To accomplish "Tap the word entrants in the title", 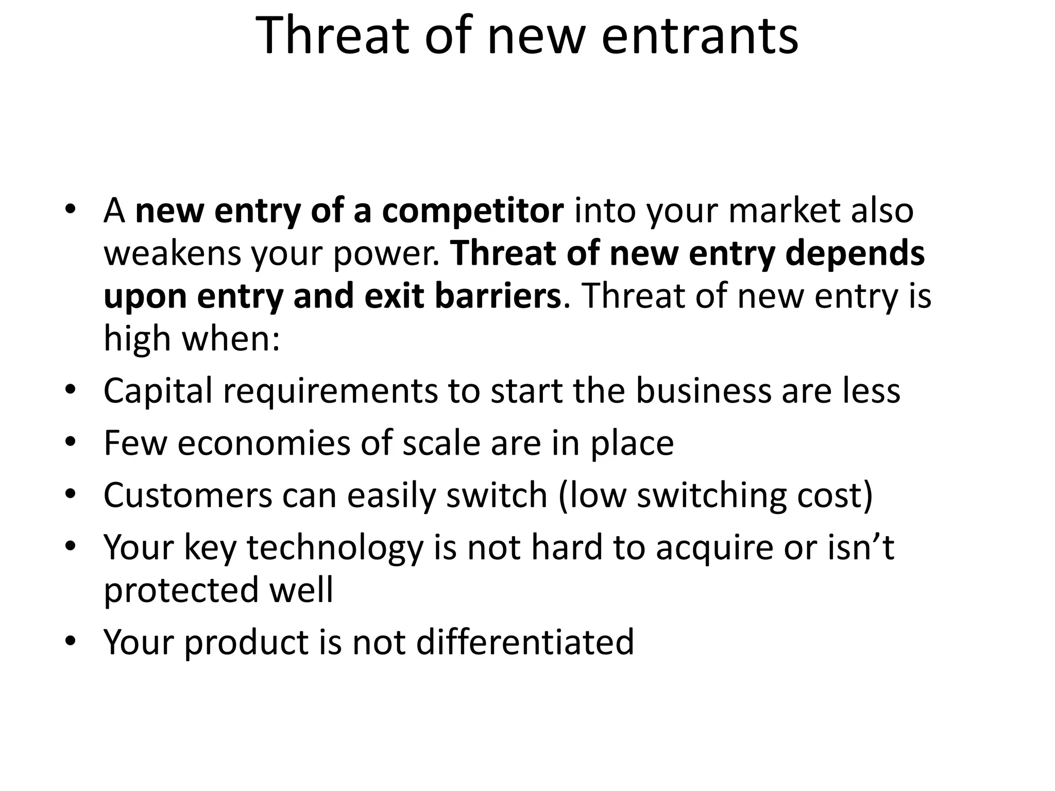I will [700, 36].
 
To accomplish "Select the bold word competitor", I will [472, 211].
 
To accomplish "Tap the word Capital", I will [158, 391].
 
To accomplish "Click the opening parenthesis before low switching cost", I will [563, 496].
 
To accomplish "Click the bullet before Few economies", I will [71, 442].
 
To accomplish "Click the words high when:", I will [192, 339].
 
